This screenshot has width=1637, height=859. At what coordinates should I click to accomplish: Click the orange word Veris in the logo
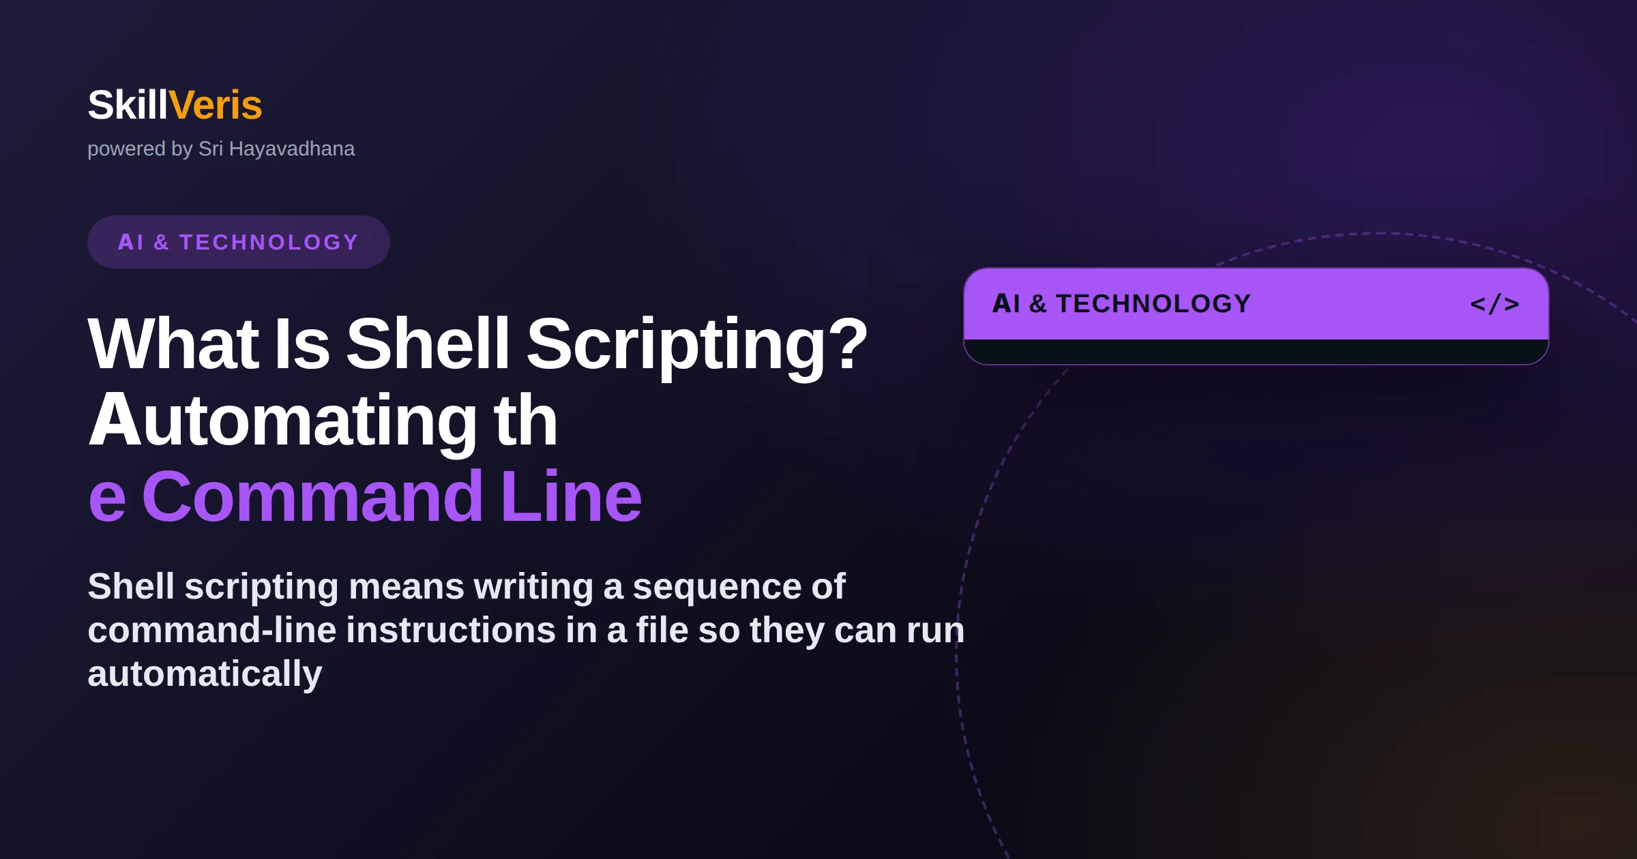(x=215, y=105)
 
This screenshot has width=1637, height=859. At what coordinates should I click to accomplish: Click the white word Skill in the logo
(x=128, y=105)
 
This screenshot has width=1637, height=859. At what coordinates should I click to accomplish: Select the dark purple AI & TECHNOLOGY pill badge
(x=239, y=242)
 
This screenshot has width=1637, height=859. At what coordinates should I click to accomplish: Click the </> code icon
(x=1494, y=304)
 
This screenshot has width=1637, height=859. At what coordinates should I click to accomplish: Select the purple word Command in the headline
(x=312, y=497)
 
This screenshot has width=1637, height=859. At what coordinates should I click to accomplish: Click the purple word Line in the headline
(x=572, y=497)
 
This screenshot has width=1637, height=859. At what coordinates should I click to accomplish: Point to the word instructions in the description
(x=451, y=630)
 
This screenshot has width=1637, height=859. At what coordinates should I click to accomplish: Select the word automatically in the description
(x=205, y=675)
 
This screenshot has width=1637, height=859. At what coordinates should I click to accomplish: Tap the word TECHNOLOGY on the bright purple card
(x=1153, y=304)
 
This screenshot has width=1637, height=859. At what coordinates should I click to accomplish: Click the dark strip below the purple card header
(x=1256, y=352)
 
